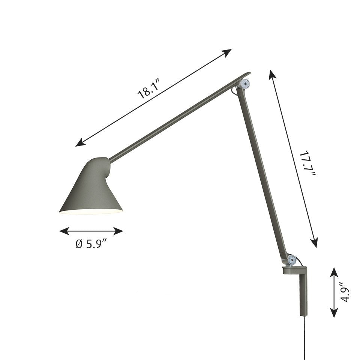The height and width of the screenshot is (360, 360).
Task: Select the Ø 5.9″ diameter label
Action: click(91, 244)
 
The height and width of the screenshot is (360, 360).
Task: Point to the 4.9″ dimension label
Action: click(346, 292)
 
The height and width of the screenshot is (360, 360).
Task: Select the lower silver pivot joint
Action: click(291, 259)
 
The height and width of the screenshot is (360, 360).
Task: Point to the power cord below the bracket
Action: click(304, 337)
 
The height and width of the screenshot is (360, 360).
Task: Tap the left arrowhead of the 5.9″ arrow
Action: click(63, 231)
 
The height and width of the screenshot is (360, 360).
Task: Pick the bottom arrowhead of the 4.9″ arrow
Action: click(334, 314)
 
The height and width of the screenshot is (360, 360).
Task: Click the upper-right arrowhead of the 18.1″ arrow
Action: click(228, 51)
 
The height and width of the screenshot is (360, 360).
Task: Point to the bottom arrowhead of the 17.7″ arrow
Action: click(315, 244)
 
